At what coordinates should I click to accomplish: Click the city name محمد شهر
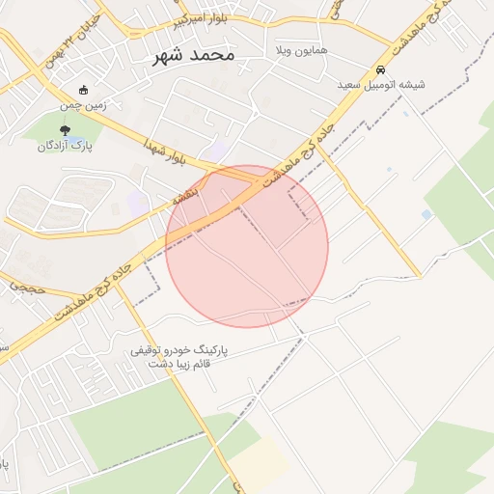pyautogui.click(x=194, y=55)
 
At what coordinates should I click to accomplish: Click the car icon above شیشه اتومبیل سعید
pyautogui.click(x=382, y=70)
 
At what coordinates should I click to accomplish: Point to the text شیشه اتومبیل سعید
pyautogui.click(x=381, y=85)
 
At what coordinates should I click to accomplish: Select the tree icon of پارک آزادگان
pyautogui.click(x=65, y=130)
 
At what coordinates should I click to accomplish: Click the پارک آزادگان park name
pyautogui.click(x=64, y=146)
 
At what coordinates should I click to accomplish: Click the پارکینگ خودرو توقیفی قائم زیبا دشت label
pyautogui.click(x=183, y=356)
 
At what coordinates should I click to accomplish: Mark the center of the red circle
pyautogui.click(x=247, y=246)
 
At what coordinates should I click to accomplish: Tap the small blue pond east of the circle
pyautogui.click(x=426, y=214)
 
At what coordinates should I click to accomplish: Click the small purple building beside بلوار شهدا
pyautogui.click(x=219, y=149)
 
